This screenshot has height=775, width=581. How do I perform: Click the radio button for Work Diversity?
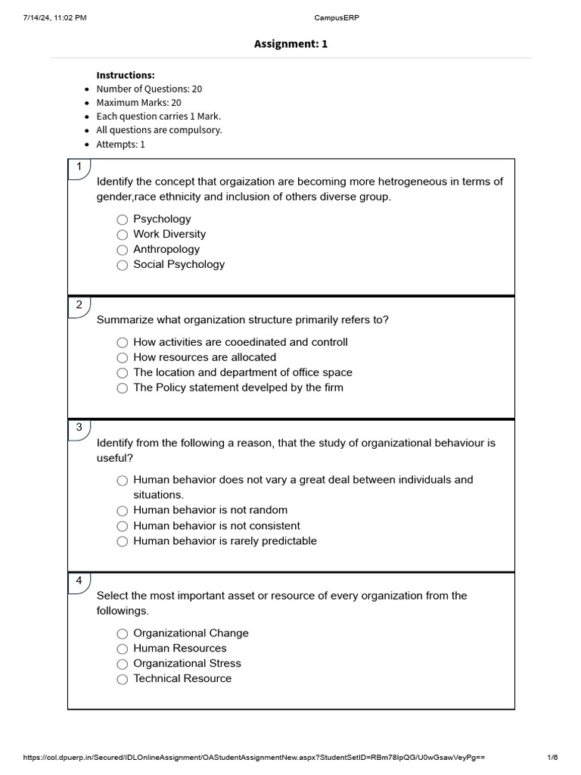click(123, 235)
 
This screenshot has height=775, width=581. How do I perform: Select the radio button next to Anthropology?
click(123, 250)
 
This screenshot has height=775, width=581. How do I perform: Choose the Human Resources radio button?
click(123, 649)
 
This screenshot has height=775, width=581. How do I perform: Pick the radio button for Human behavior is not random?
click(123, 511)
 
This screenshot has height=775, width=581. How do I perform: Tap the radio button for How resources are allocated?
click(123, 357)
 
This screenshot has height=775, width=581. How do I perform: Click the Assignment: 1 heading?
click(290, 44)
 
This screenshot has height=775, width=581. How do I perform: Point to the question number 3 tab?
click(79, 428)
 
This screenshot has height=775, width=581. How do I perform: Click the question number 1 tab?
click(79, 167)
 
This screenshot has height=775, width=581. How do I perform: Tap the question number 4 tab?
click(79, 581)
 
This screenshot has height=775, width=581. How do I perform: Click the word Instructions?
click(126, 75)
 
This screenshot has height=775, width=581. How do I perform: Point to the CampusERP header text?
click(290, 18)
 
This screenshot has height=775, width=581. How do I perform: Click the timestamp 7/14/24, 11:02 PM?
click(55, 18)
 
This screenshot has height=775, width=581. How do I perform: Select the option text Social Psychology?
click(179, 264)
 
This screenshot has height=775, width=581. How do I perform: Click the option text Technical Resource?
click(182, 678)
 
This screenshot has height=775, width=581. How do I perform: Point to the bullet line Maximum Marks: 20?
click(138, 102)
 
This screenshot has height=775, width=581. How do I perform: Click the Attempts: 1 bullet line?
click(120, 144)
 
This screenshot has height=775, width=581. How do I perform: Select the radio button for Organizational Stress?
click(123, 664)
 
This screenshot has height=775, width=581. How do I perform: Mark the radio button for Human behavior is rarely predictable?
click(123, 541)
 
